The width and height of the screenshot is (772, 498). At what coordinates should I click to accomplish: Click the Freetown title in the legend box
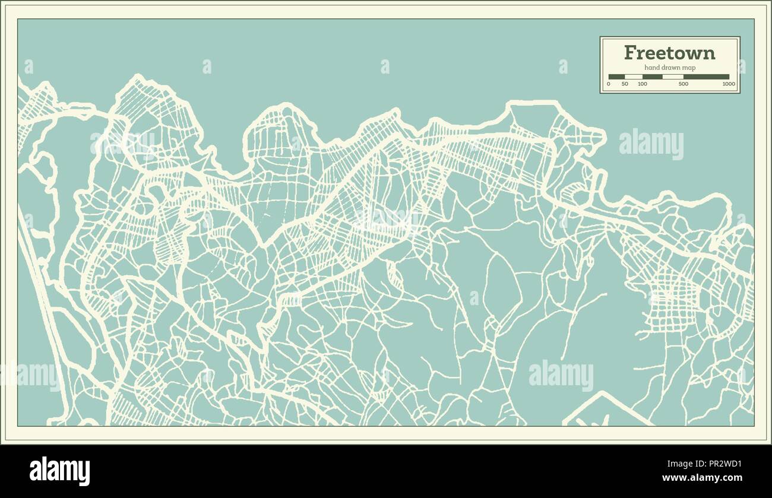pos(669,53)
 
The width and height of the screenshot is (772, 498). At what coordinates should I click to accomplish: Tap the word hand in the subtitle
pos(651,68)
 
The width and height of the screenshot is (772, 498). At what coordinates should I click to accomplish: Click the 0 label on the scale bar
pos(608,84)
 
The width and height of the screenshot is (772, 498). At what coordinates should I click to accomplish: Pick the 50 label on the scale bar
pos(625,84)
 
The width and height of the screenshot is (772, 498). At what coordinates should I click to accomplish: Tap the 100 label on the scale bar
pos(643,84)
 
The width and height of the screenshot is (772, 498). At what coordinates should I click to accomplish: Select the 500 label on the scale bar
pos(684,84)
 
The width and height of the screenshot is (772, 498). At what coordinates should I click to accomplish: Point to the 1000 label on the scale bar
pos(729,84)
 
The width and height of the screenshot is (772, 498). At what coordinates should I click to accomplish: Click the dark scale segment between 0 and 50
pos(616,77)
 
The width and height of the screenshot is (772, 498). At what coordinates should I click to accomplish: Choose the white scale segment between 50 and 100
pos(634,77)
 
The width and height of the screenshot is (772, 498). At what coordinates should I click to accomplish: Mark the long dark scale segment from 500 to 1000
pos(706,77)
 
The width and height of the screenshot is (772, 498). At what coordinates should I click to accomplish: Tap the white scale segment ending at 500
pos(673,77)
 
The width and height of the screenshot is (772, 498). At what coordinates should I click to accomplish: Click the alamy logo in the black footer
pos(60,471)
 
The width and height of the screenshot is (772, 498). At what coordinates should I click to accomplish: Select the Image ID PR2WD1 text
pos(721,465)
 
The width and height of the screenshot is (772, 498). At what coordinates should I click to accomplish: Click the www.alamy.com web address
pos(702,478)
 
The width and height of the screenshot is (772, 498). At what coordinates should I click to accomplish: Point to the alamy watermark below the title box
pos(651,144)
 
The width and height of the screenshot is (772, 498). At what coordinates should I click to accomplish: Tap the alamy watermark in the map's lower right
pos(561,375)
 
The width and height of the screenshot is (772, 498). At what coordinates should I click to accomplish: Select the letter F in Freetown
pos(631,53)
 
